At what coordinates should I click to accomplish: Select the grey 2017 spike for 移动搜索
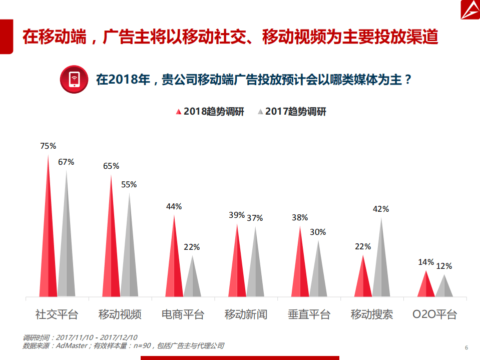pos(381,265)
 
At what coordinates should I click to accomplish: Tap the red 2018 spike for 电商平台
pos(174,265)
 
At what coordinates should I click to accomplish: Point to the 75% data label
pos(48,146)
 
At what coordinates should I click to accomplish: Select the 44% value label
pos(174,206)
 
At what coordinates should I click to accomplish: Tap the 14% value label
pos(426,262)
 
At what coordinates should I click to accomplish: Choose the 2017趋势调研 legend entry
pos(291,112)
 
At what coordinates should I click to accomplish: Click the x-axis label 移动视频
pos(120,314)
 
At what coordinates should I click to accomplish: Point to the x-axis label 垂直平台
pos(309,314)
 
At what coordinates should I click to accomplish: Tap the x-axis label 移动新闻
pos(246,314)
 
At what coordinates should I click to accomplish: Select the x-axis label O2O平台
pos(434,314)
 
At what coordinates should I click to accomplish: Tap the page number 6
pos(466,348)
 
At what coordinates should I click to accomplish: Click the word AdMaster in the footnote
pos(72,345)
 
